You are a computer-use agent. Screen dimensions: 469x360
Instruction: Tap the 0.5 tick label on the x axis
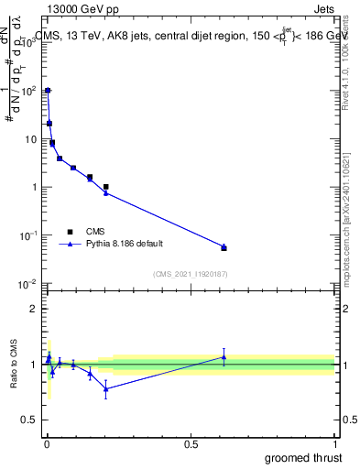point(191,443)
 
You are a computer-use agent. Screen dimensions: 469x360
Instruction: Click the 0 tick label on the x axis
point(46,443)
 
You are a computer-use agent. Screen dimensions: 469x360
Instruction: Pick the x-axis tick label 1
point(334,443)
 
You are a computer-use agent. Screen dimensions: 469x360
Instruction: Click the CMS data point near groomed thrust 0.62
point(224,248)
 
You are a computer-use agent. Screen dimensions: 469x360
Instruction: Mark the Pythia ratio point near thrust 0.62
point(224,357)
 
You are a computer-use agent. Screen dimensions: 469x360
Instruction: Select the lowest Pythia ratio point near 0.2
point(106,389)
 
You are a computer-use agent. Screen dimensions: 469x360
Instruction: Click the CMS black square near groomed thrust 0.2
point(106,187)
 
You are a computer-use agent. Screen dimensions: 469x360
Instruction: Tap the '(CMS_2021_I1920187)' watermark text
point(190,273)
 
